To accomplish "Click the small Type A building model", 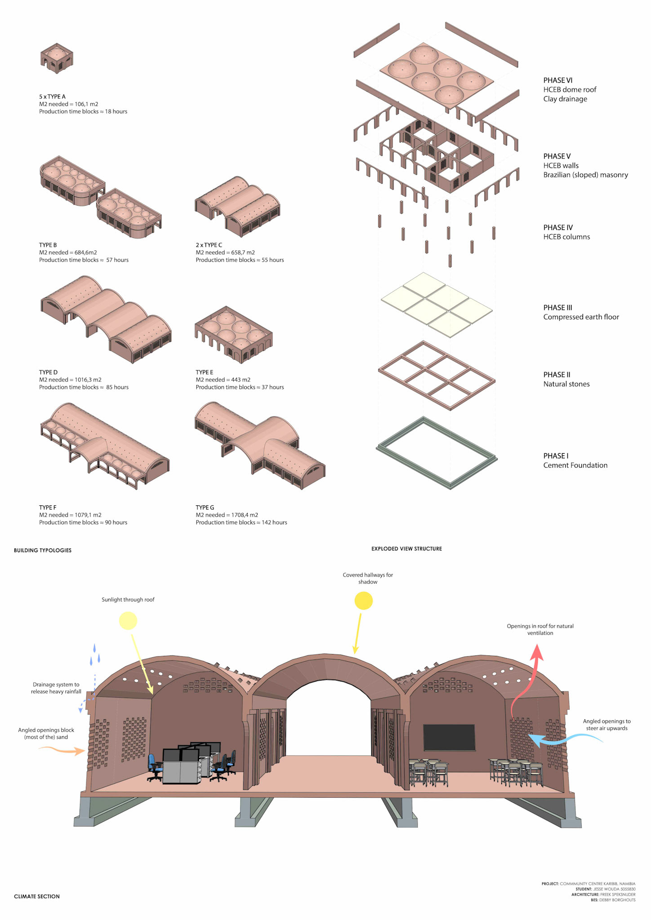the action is click(57, 59).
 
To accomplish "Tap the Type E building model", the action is click(233, 335).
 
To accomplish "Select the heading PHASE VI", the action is click(557, 80).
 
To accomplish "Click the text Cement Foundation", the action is click(575, 465).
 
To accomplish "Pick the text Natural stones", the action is click(566, 384).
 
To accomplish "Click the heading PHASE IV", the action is click(557, 228).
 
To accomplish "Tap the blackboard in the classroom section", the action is click(449, 737).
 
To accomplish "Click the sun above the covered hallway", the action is click(364, 601).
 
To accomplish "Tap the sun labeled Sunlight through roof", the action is click(128, 621).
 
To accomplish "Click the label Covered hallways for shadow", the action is click(368, 578).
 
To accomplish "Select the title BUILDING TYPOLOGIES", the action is click(43, 550).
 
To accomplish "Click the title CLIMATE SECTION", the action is click(37, 896).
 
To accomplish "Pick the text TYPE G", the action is click(205, 508).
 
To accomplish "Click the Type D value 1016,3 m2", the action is click(88, 380).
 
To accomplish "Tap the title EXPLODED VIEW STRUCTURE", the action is click(406, 548).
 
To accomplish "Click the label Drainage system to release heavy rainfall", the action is click(56, 688).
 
